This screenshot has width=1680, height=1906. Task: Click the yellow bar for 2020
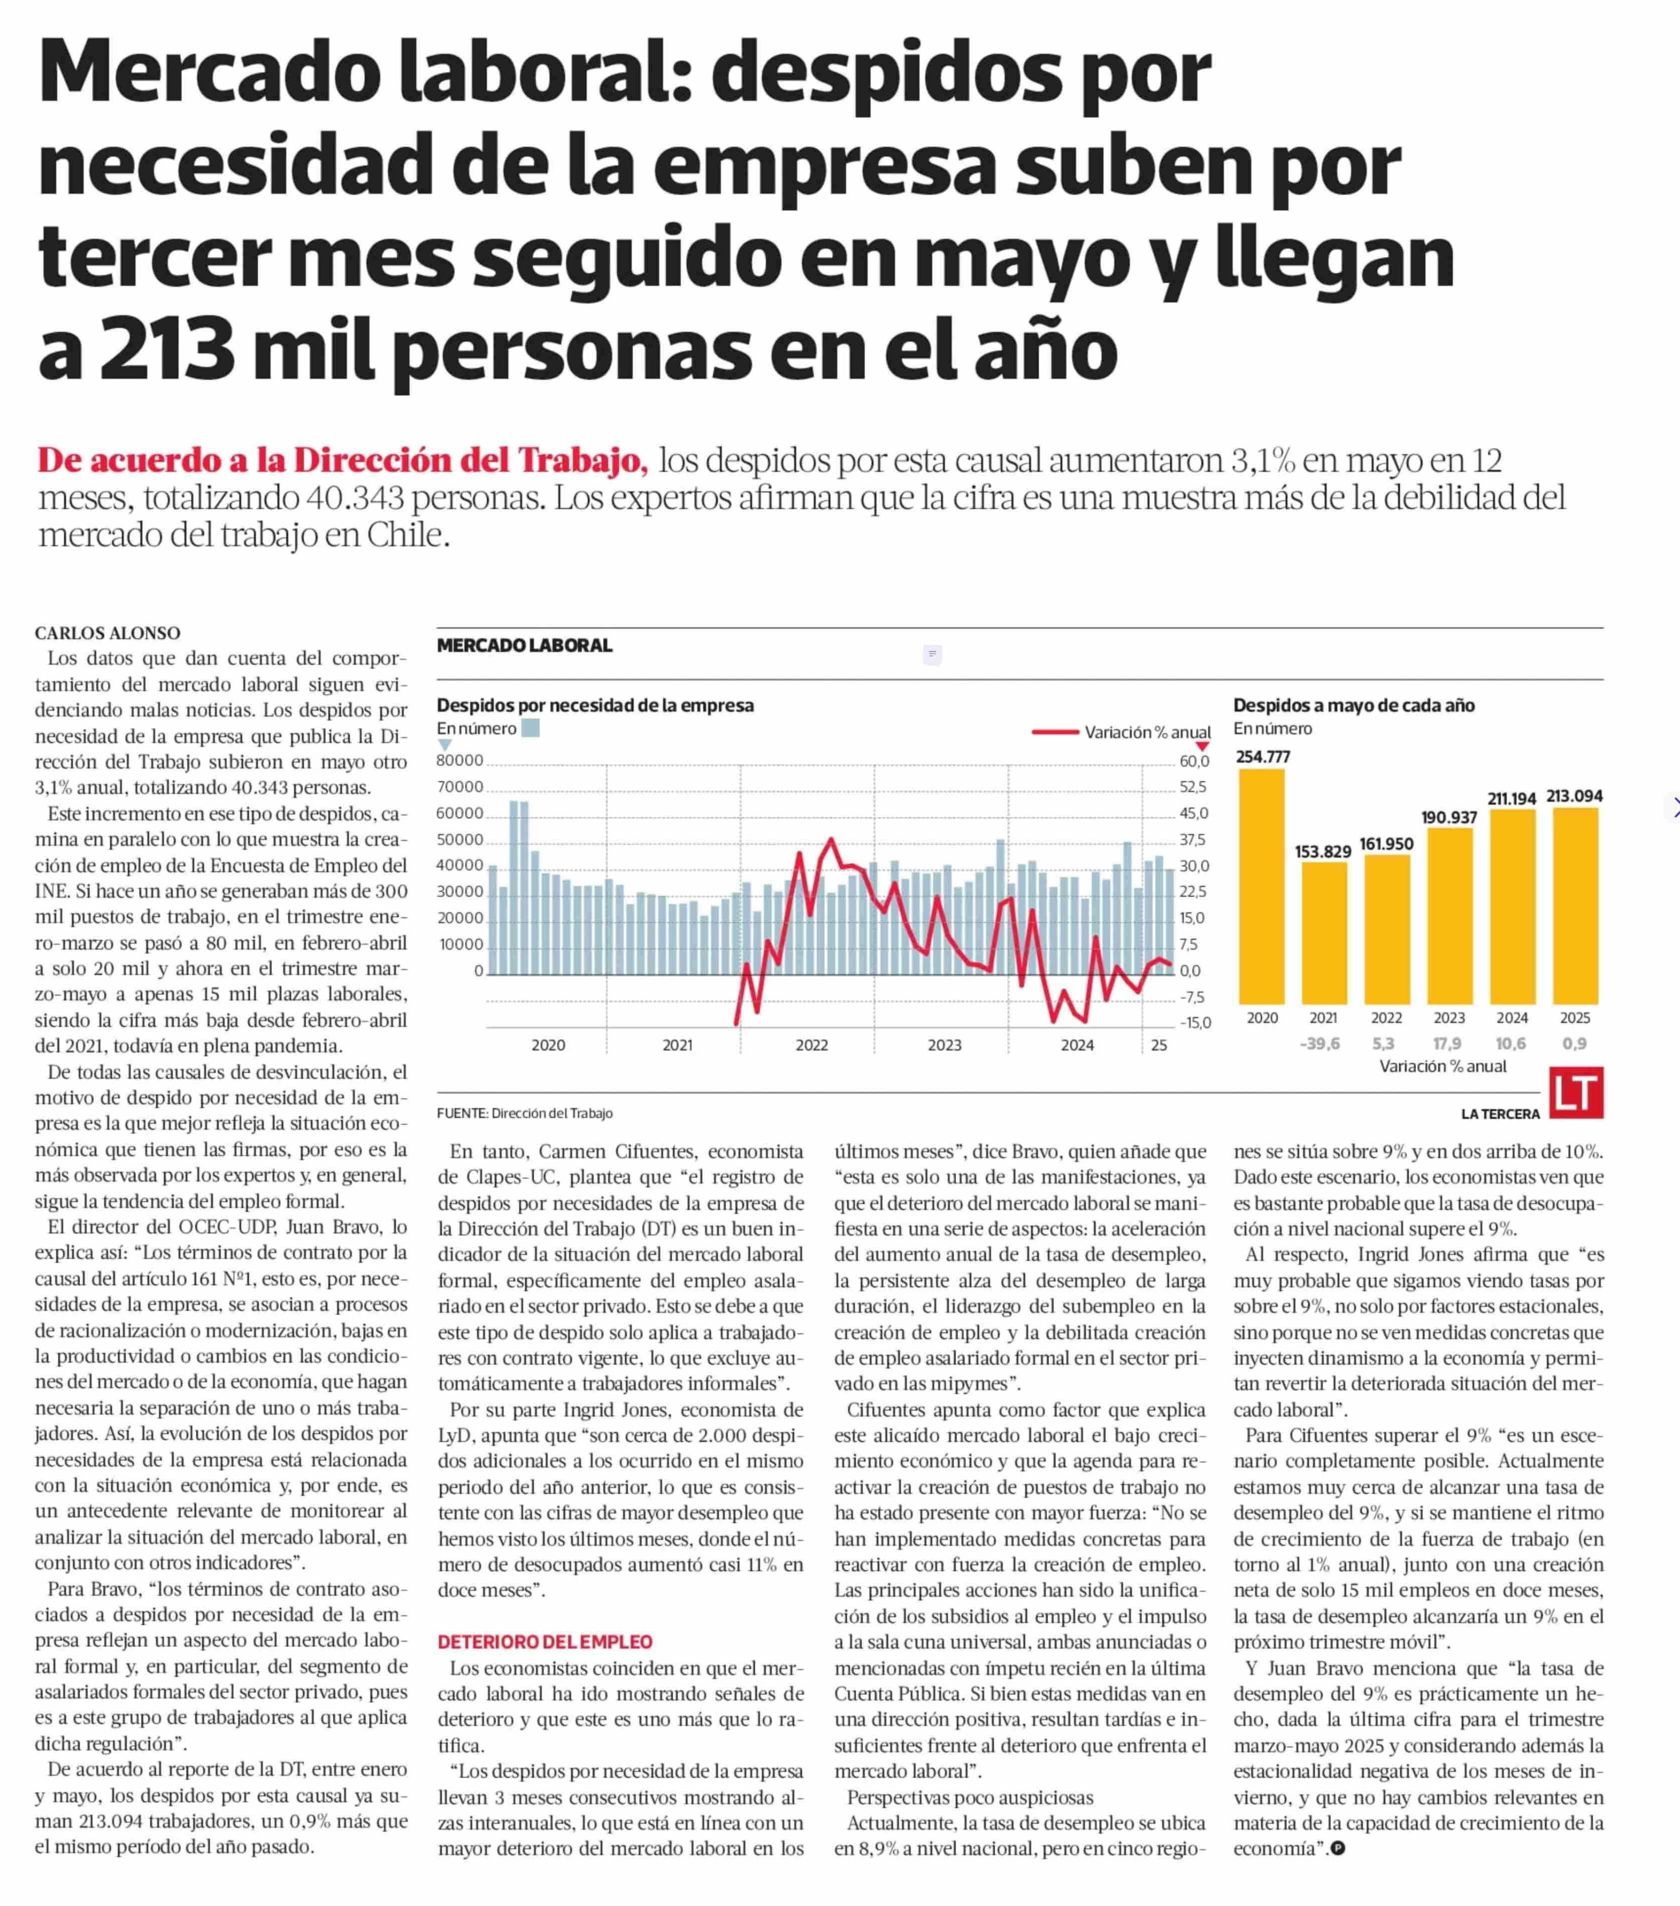point(1261,886)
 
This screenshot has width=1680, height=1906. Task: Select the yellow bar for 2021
point(1324,934)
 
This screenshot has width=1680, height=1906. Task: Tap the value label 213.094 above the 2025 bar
point(1575,796)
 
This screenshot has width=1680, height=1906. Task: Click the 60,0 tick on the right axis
point(1194,761)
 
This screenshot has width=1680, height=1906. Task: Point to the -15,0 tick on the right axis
point(1194,1022)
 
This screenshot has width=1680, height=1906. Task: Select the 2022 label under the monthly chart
point(811,1045)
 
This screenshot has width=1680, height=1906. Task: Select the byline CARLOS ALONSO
point(107,633)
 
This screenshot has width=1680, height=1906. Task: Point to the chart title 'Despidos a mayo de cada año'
point(1354,705)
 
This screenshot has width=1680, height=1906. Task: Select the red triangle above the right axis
point(1202,746)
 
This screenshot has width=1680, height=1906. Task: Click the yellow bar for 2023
point(1450,916)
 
